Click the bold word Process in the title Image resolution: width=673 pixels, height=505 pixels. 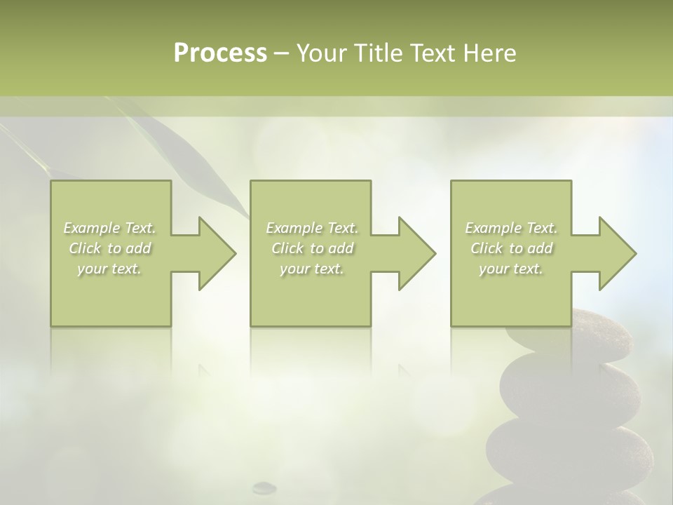pyautogui.click(x=220, y=53)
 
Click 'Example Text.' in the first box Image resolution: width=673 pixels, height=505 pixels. pyautogui.click(x=110, y=228)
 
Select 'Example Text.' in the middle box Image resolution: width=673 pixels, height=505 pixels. pyautogui.click(x=312, y=228)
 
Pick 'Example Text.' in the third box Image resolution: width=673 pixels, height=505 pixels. pyautogui.click(x=511, y=228)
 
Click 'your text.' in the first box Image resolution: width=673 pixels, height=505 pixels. pyautogui.click(x=110, y=269)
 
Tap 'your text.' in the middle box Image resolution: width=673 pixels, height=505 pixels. pyautogui.click(x=312, y=269)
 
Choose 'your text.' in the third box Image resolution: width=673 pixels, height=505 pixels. pyautogui.click(x=511, y=269)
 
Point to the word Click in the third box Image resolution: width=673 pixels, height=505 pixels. pyautogui.click(x=487, y=248)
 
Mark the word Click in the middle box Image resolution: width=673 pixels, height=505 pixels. pyautogui.click(x=287, y=248)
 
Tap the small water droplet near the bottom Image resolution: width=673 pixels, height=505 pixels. pyautogui.click(x=264, y=486)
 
